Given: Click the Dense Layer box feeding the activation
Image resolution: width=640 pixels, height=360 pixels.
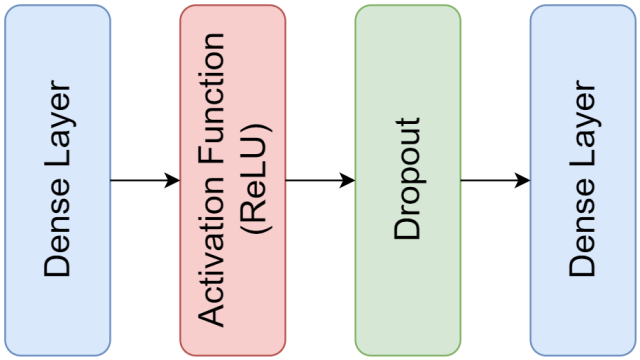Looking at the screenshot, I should click(x=58, y=180).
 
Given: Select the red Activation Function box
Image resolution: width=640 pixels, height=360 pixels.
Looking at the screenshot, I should click(x=232, y=180).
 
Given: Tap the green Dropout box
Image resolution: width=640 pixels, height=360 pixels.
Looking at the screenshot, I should click(x=407, y=180).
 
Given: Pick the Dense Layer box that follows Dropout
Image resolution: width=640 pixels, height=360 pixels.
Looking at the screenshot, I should click(x=582, y=180).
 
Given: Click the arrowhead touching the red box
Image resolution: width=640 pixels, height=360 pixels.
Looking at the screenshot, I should click(x=174, y=180).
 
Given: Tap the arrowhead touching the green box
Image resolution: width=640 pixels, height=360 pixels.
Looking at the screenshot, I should click(x=349, y=180).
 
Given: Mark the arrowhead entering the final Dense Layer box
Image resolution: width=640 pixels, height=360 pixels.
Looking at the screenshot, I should click(x=524, y=180).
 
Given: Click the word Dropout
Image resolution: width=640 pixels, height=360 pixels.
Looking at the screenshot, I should click(x=407, y=180).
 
